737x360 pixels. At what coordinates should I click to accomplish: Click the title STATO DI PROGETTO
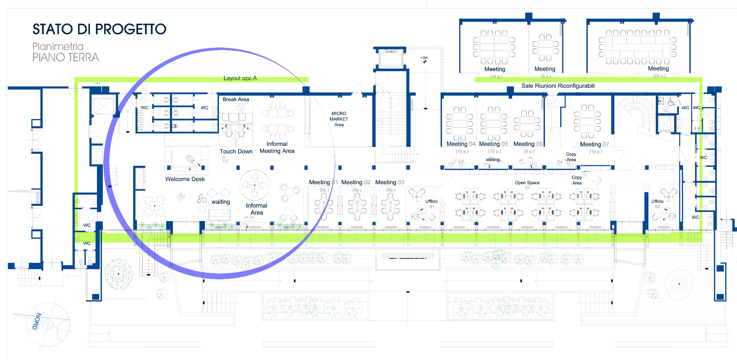pyautogui.click(x=99, y=29)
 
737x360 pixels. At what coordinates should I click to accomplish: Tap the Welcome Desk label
pyautogui.click(x=185, y=179)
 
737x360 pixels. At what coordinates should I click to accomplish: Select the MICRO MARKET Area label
pyautogui.click(x=339, y=119)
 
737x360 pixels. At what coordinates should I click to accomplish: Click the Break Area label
pyautogui.click(x=236, y=99)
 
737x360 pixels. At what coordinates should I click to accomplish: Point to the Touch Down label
pyautogui.click(x=236, y=151)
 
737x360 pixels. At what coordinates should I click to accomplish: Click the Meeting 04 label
pyautogui.click(x=461, y=144)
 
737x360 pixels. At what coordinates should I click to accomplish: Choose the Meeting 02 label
pyautogui.click(x=356, y=182)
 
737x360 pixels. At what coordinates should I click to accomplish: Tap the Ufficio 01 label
pyautogui.click(x=431, y=204)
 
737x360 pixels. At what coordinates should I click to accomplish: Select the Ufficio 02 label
pyautogui.click(x=657, y=204)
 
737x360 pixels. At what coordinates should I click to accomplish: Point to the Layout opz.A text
pyautogui.click(x=240, y=78)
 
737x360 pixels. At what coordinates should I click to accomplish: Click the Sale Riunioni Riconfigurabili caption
pyautogui.click(x=558, y=86)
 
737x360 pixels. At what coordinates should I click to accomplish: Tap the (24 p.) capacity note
pyautogui.click(x=659, y=76)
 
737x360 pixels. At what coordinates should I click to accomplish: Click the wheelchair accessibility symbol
pyautogui.click(x=671, y=102)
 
